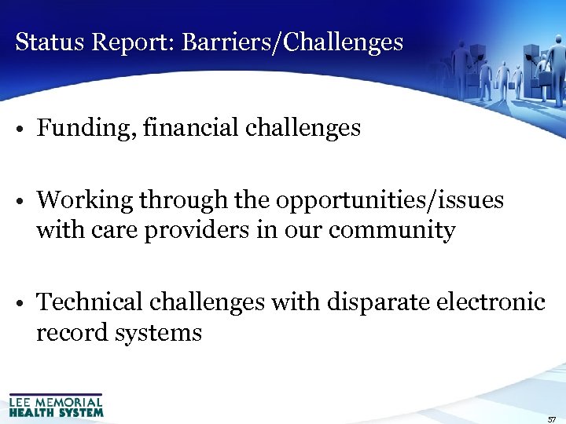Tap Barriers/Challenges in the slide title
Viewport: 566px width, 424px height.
click(x=292, y=42)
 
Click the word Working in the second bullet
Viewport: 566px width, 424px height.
click(x=85, y=200)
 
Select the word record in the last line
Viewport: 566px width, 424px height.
click(x=72, y=333)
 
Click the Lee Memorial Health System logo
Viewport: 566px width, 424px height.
click(x=56, y=404)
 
